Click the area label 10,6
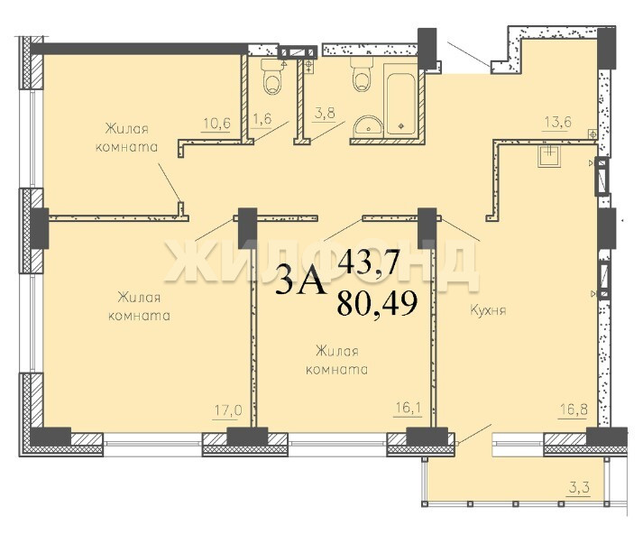(217, 123)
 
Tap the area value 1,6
(262, 119)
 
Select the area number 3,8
(324, 113)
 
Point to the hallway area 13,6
(556, 122)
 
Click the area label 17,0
(228, 410)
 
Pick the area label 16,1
(408, 408)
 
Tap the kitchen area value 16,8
(573, 409)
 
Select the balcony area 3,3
(579, 488)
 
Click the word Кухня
(488, 310)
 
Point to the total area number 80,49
(377, 303)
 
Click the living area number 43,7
(368, 262)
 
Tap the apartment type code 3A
(301, 281)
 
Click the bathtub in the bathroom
(401, 98)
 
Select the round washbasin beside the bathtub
(368, 124)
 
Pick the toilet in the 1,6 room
(271, 77)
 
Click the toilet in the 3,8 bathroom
(362, 74)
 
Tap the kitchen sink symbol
(549, 155)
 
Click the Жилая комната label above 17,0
(139, 307)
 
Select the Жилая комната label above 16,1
(337, 360)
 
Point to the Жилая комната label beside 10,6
(127, 138)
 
